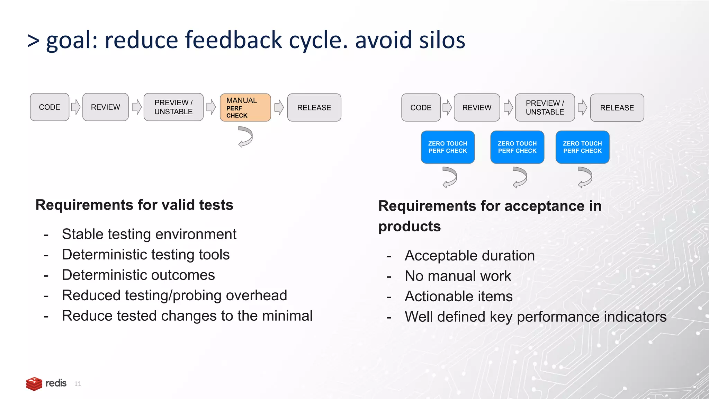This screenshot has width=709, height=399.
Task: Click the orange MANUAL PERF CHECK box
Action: pos(245,107)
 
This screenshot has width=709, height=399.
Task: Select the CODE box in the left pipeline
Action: pos(50,107)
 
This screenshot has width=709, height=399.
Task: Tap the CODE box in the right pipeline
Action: pos(421,108)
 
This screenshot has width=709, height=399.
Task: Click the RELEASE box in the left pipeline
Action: pos(314,107)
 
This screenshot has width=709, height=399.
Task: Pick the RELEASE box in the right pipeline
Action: pos(617,108)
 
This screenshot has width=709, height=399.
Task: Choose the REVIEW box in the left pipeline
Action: pos(105,107)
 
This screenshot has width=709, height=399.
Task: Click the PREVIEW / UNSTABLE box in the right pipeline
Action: pos(545,108)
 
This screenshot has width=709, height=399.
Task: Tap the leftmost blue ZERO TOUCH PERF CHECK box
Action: pos(447,147)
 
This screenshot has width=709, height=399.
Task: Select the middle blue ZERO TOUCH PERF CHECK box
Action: pos(517,147)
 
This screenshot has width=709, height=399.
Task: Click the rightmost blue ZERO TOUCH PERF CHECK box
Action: pos(582,147)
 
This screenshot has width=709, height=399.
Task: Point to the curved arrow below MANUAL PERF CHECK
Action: pos(245,137)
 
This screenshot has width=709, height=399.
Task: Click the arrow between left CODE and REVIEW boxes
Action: pos(75,107)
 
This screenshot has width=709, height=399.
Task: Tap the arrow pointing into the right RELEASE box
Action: pos(582,107)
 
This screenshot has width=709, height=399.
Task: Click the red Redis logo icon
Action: pos(34,384)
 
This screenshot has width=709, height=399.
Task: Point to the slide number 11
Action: pos(78,384)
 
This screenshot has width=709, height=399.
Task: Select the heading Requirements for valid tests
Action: pos(134,205)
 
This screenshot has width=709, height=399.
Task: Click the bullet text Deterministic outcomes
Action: pos(138,275)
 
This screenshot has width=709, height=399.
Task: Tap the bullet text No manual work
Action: pos(458,276)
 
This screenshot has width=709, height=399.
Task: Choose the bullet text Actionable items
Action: pos(458,296)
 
